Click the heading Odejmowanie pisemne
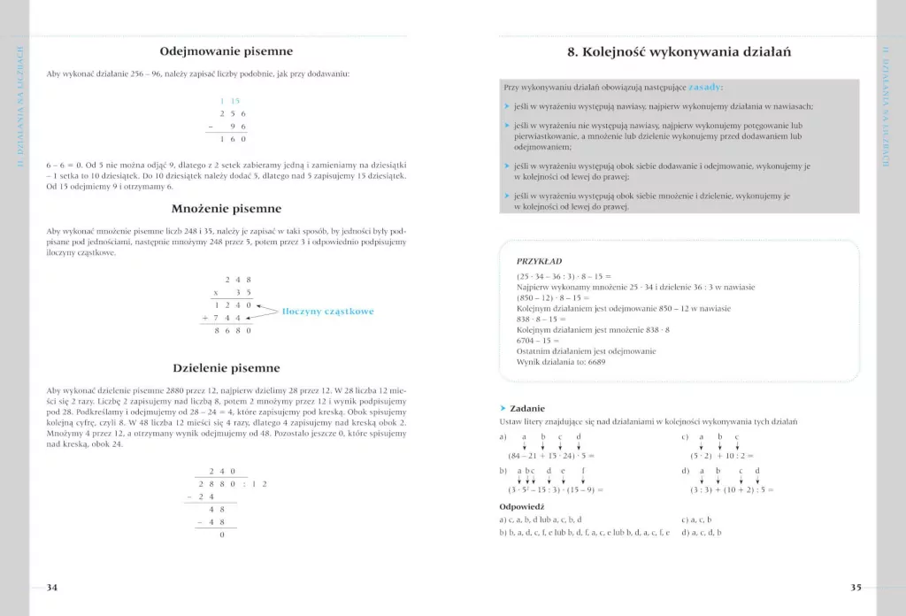tap(226, 51)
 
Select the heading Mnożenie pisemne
tap(226, 209)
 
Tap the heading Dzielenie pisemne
tap(226, 367)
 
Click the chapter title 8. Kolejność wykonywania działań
tap(679, 52)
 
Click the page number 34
tap(51, 587)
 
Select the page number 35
tap(856, 587)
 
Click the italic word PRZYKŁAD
tap(539, 262)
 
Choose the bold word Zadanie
tap(527, 408)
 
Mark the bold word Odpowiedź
tap(522, 506)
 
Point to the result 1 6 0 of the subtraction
tap(233, 139)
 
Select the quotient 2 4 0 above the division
tap(222, 472)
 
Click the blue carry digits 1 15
tap(230, 101)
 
